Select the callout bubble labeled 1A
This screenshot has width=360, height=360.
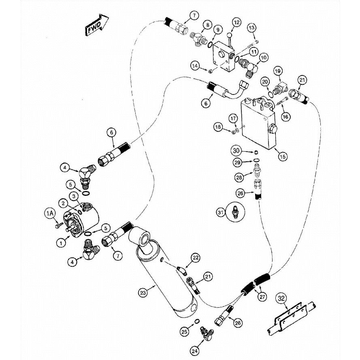point(49,213)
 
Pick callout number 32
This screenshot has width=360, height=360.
point(281,299)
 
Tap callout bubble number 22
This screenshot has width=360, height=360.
point(196,257)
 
